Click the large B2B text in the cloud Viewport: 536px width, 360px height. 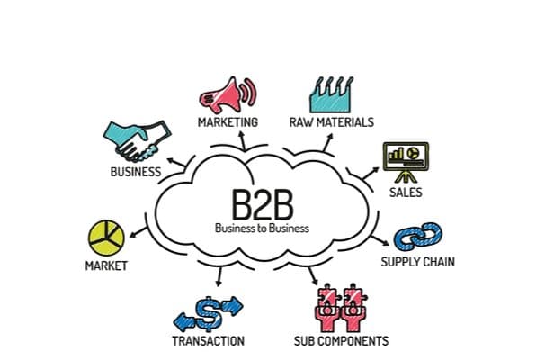tap(261, 203)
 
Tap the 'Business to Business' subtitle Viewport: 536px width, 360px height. tap(261, 228)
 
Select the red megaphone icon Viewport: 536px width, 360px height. tap(227, 94)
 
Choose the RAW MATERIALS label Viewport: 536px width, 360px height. tap(332, 121)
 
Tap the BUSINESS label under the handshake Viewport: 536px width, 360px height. tap(136, 172)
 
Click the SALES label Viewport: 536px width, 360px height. tap(406, 193)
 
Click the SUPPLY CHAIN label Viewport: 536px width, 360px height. tap(417, 263)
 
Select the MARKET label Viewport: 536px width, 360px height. tap(106, 265)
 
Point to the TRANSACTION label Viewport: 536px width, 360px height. tap(208, 341)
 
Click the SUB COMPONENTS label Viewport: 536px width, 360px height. tap(341, 341)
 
